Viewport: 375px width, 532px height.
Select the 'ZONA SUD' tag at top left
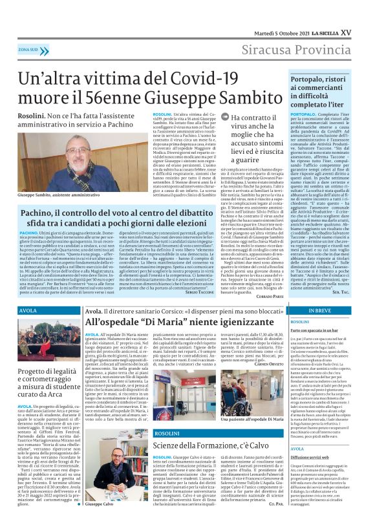28,49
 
